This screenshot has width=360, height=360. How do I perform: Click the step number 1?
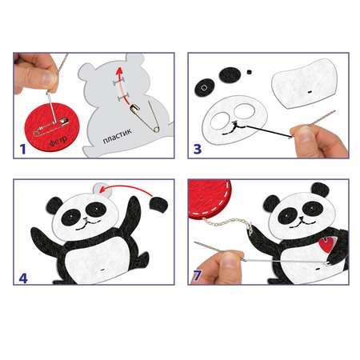coord(23,149)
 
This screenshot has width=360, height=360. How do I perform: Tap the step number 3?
coord(198,149)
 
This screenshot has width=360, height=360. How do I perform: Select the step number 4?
coord(23,278)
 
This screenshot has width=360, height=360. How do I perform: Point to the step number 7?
coord(197,276)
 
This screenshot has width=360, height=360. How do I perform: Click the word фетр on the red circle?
coord(58,141)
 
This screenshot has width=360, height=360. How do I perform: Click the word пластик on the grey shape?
coord(118,136)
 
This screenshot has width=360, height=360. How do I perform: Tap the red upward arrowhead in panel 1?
coord(120,72)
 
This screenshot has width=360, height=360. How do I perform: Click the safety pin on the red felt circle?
coord(51,126)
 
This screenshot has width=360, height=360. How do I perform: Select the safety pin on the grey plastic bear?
coord(145,118)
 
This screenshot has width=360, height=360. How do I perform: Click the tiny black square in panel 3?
coord(249,72)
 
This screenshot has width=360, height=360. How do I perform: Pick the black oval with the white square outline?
coord(205,88)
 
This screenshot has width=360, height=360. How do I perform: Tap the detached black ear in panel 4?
coord(158,205)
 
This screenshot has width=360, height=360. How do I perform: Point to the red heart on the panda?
coord(326,245)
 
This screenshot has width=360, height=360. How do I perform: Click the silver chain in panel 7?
coord(227,222)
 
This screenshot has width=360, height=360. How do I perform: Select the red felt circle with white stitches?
coord(210,198)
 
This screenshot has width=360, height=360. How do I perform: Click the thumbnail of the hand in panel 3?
coord(303,131)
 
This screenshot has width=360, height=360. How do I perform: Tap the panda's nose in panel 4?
coord(86,219)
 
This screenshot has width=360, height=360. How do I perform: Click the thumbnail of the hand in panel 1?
coord(49,78)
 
